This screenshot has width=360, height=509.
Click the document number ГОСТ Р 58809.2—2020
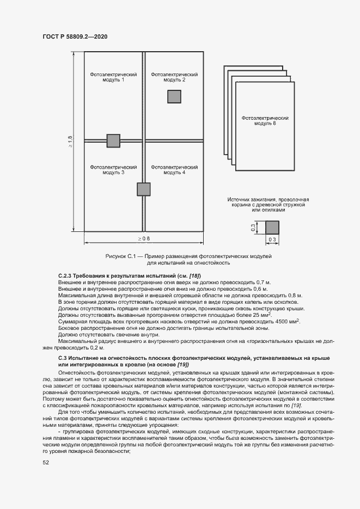coord(75,36)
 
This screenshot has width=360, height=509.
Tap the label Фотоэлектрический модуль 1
coord(113,77)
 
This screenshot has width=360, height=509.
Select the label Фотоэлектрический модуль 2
coord(174,77)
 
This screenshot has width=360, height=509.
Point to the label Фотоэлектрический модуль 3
coord(113,169)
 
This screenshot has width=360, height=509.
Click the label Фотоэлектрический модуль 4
coord(174,169)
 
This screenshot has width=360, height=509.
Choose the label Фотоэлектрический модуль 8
coord(265,120)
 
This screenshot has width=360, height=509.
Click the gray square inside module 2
coord(174,96)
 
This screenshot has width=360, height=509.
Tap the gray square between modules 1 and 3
coord(113,140)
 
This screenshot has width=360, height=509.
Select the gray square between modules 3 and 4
coord(143,189)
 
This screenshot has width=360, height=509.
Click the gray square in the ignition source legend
coord(272,228)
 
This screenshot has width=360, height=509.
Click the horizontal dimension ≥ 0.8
coord(144,239)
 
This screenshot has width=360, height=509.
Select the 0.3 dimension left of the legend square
coord(253,228)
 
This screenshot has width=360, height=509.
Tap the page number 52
coord(46,462)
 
